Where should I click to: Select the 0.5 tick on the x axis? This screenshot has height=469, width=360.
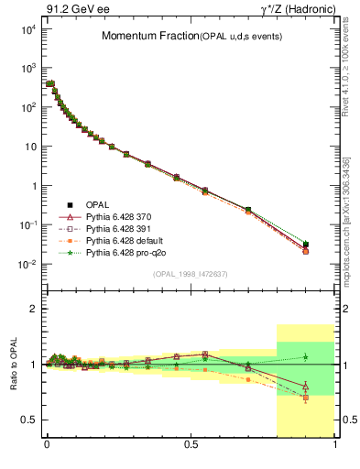191,446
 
